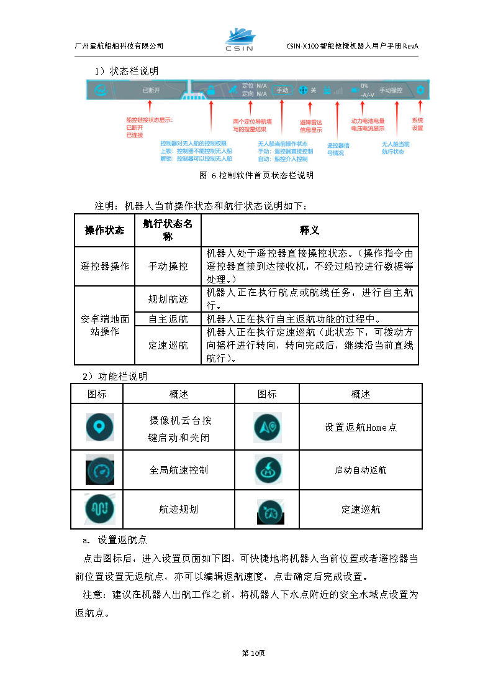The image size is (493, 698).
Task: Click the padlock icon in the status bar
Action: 211,90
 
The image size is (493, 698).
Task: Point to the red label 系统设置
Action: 417,124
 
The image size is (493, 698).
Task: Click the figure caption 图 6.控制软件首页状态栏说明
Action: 256,176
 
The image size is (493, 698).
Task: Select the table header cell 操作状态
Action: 104,231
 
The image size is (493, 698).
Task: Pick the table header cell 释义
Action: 309,231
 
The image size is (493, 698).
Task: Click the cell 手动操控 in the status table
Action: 168,266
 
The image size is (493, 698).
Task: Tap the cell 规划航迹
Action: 168,299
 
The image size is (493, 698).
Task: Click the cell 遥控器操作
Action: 104,266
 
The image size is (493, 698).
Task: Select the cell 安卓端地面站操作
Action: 104,326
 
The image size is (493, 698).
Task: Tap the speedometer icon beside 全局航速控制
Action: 99,470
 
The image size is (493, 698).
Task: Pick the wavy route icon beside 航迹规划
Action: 99,509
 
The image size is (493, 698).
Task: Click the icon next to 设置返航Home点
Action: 268,427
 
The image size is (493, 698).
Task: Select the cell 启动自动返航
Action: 360,470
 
